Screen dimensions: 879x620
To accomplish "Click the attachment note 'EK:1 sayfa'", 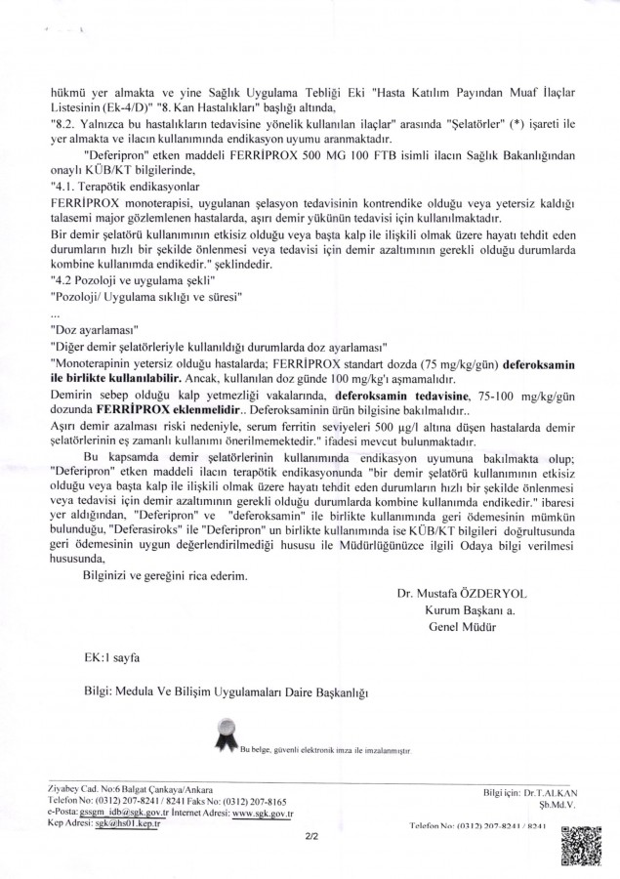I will [x=109, y=659].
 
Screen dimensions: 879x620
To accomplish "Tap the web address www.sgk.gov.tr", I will [x=264, y=813].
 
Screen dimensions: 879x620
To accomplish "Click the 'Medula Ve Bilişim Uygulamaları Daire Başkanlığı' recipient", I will [x=242, y=692].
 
